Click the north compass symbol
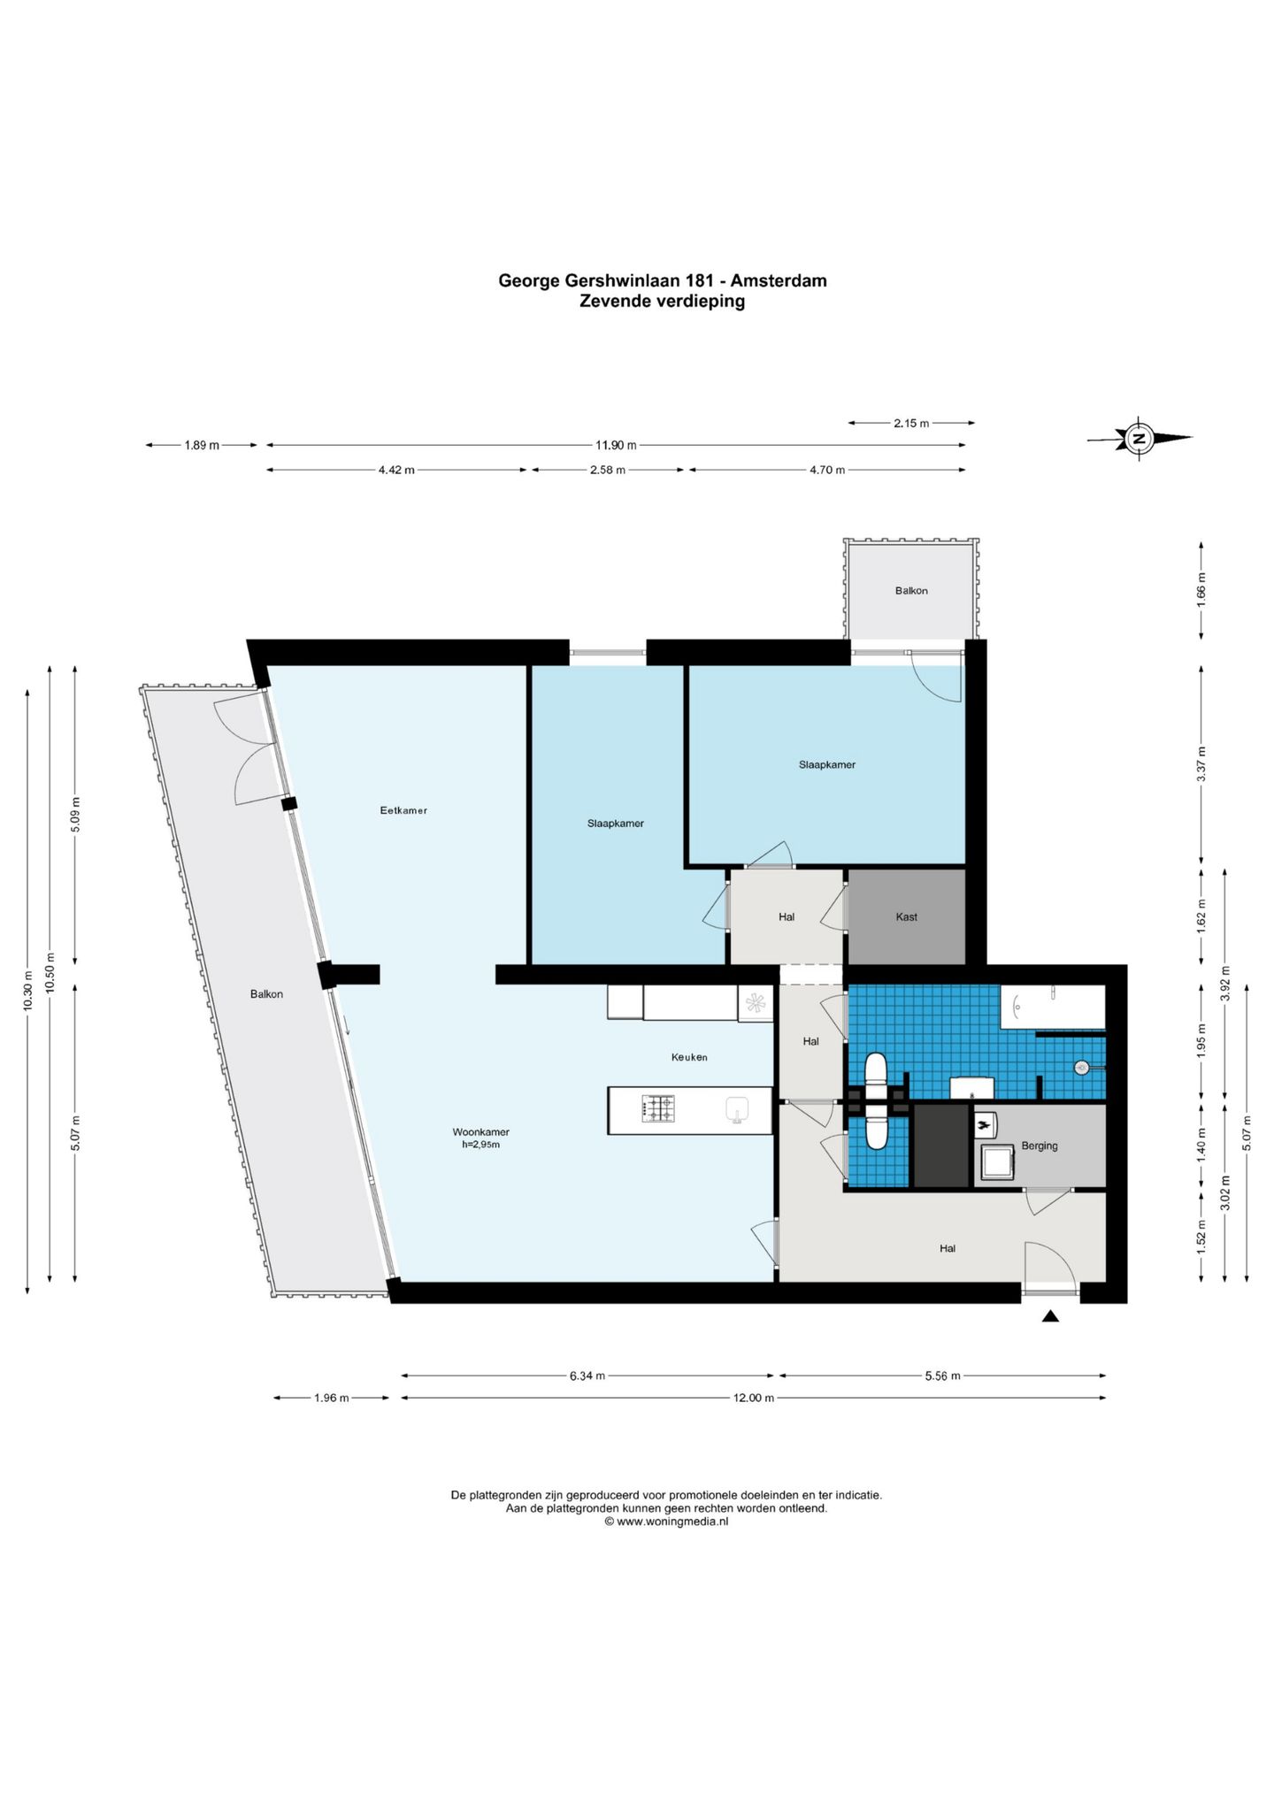[1140, 438]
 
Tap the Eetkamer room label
[403, 810]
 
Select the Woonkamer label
[480, 1132]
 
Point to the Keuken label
[689, 1057]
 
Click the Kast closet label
[906, 917]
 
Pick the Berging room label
[1040, 1146]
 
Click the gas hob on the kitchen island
[657, 1109]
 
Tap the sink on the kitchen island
[737, 1110]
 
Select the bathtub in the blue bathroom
[1053, 1007]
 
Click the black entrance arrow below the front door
[1050, 1316]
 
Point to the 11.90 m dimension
[616, 446]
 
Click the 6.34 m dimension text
[587, 1376]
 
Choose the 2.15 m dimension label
[911, 423]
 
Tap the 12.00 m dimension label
[754, 1398]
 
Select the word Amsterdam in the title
[779, 280]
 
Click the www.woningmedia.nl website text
[672, 1521]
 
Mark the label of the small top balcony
[911, 591]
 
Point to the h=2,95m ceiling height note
[481, 1145]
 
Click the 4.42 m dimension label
[396, 470]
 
